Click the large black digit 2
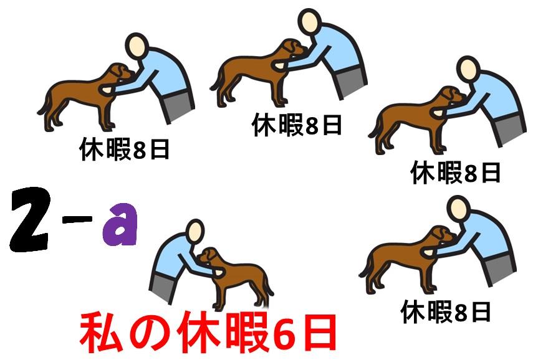(30, 219)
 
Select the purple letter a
(120, 224)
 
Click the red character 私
(101, 333)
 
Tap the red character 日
(318, 333)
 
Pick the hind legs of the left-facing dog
(260, 295)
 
